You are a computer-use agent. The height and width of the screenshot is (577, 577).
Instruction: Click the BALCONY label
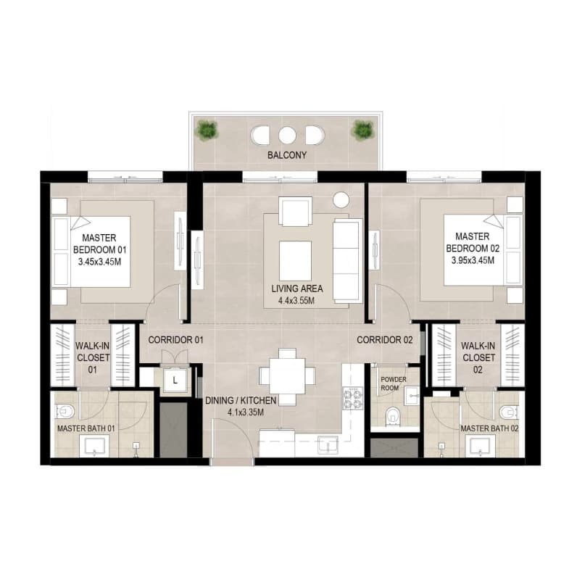[286, 155]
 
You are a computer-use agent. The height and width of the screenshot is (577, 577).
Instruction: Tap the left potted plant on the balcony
[207, 130]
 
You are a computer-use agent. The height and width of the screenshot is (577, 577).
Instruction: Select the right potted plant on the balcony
[363, 130]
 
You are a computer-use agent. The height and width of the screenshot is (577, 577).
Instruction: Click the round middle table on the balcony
[287, 135]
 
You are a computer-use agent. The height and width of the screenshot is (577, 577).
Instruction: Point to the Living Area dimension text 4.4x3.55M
[296, 301]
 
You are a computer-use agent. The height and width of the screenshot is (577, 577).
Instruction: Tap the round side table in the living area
[341, 200]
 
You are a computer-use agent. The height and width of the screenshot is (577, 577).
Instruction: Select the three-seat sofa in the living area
[347, 261]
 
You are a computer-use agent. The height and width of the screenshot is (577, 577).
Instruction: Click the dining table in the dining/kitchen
[287, 376]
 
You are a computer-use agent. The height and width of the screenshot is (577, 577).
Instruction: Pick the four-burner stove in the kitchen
[353, 399]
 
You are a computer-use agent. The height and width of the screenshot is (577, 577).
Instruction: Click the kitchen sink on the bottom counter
[328, 444]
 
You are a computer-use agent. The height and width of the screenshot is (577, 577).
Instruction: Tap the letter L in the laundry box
[175, 381]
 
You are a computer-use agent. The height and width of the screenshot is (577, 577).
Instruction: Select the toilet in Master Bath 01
[65, 411]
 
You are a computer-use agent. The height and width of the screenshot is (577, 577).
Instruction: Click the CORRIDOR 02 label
[384, 340]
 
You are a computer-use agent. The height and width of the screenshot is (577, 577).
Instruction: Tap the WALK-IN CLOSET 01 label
[93, 357]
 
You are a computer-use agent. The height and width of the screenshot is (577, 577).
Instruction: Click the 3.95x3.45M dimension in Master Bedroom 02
[473, 260]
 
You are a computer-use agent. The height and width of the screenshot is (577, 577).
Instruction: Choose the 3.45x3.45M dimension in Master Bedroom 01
[99, 262]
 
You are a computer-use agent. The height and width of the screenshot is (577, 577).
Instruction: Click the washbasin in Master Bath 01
[94, 446]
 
